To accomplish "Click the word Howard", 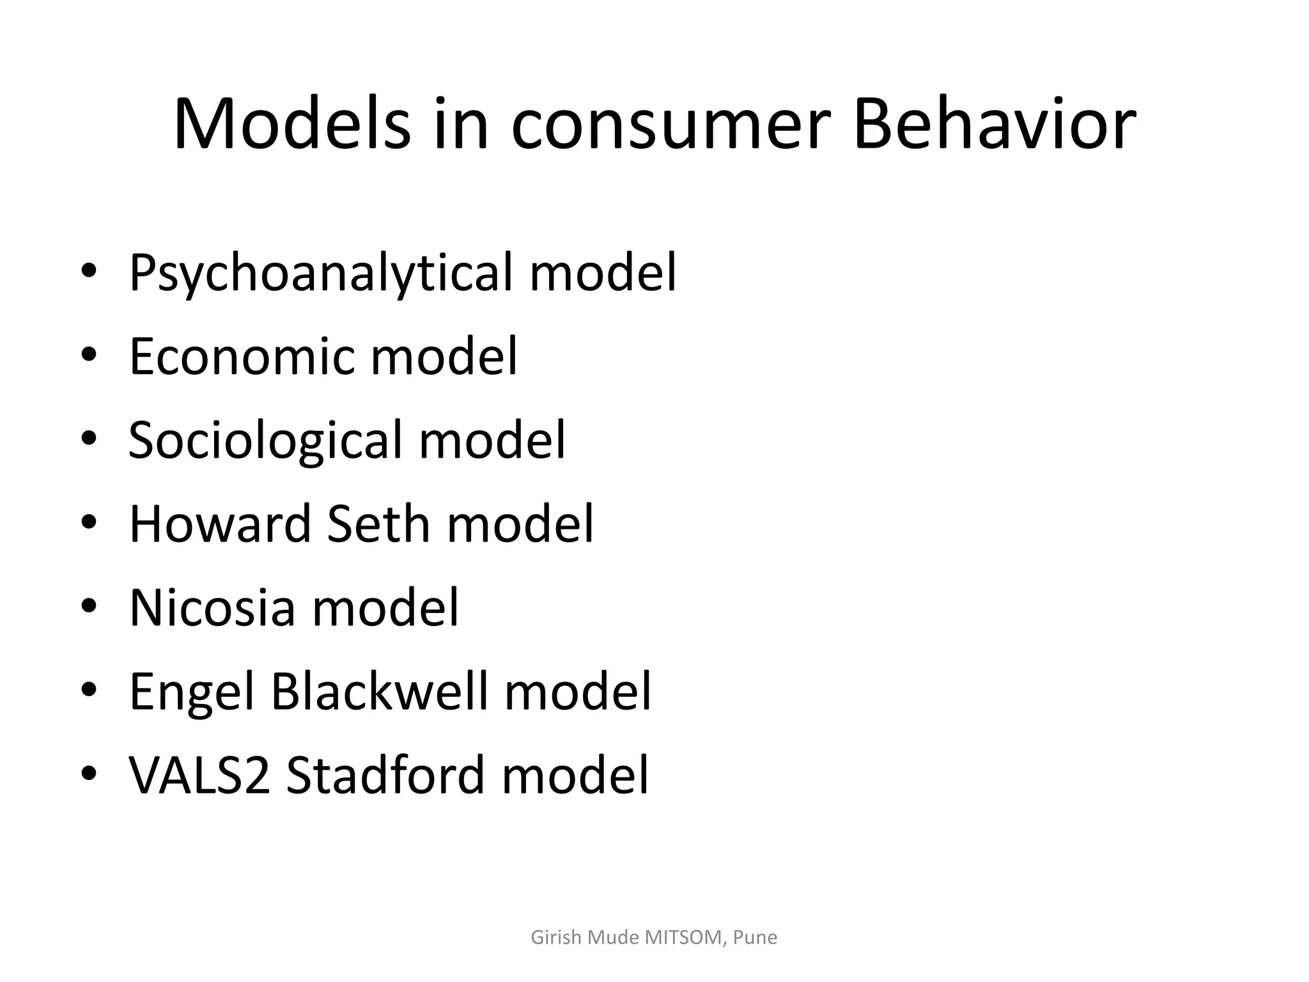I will click(220, 524).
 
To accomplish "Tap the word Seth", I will click(378, 524).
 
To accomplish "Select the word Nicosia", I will click(212, 607).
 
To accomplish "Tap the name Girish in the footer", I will click(556, 938).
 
